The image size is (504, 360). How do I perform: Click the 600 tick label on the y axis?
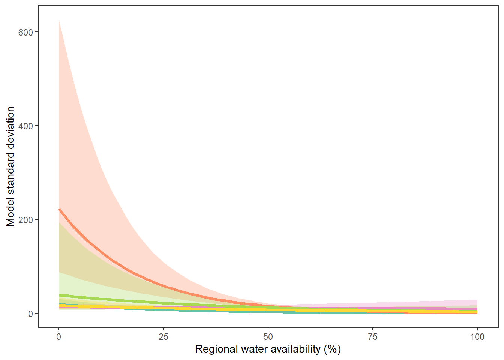click(x=25, y=32)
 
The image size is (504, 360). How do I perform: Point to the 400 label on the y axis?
click(x=25, y=126)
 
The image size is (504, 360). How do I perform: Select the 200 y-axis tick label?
click(x=25, y=220)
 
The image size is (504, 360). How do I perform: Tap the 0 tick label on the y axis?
click(x=31, y=313)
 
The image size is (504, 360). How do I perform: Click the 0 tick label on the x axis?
click(x=59, y=337)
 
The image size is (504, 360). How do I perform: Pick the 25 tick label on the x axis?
click(x=163, y=337)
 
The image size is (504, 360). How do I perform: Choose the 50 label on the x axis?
click(x=268, y=337)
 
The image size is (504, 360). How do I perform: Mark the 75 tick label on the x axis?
click(x=373, y=337)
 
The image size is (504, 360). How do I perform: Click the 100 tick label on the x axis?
click(x=477, y=337)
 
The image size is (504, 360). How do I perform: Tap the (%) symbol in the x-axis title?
click(x=332, y=349)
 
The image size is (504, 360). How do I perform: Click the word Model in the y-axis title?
click(x=10, y=212)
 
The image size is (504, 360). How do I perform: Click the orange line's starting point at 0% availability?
click(x=59, y=209)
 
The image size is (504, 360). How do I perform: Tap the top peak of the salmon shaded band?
click(x=59, y=21)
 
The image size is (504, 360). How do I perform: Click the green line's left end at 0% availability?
click(x=59, y=295)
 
